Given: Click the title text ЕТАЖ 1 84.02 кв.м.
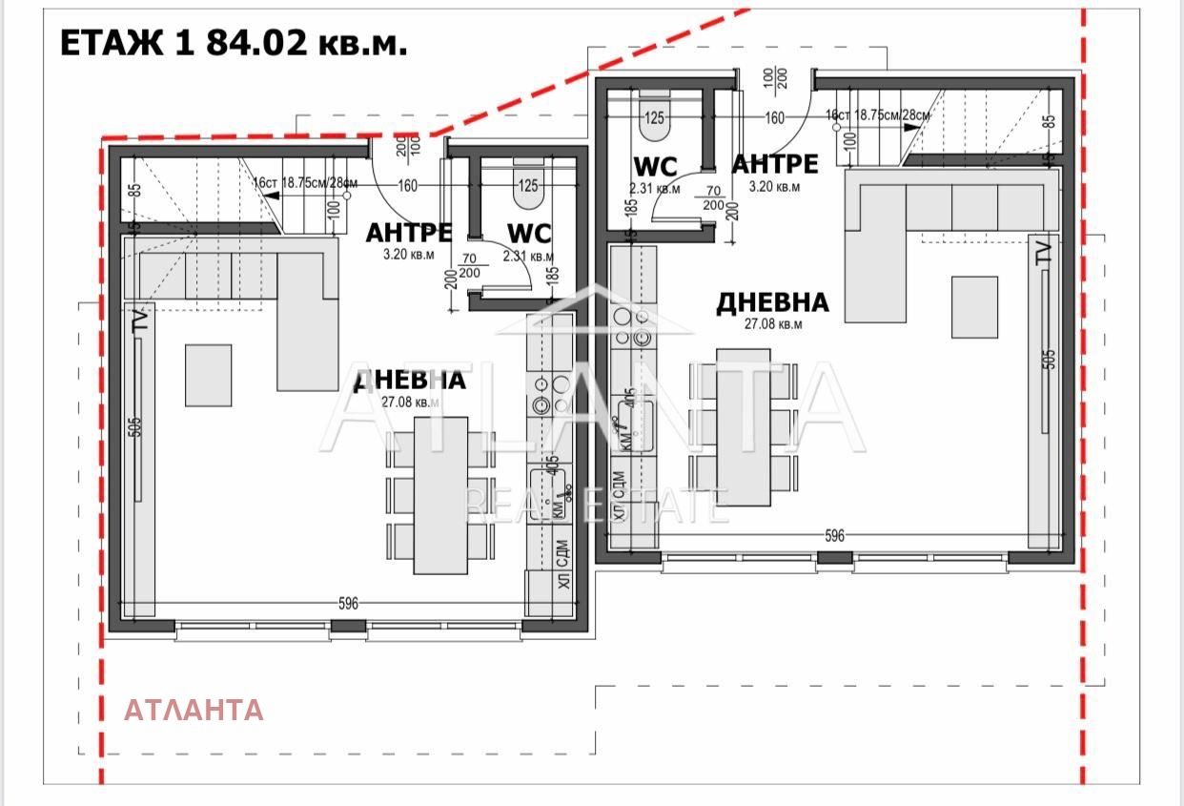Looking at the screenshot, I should (234, 44).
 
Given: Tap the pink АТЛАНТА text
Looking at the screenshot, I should (194, 710).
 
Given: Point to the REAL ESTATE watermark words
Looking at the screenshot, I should (597, 505).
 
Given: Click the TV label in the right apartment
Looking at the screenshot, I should (1044, 252).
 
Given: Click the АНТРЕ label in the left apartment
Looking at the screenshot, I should (410, 233).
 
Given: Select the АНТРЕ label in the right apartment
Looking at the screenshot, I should (774, 164).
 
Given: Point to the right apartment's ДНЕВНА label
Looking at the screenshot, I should (772, 303).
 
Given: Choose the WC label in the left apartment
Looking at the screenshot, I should (529, 234).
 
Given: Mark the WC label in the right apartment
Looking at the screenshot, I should (655, 167).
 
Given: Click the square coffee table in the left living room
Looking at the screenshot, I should (208, 375).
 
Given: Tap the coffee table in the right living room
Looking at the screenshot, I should (974, 307).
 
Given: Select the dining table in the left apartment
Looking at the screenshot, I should (440, 495).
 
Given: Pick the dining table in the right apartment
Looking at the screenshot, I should (744, 426).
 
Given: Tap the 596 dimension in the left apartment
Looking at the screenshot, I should (348, 604).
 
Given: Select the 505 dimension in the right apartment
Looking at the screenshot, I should (1050, 360).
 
